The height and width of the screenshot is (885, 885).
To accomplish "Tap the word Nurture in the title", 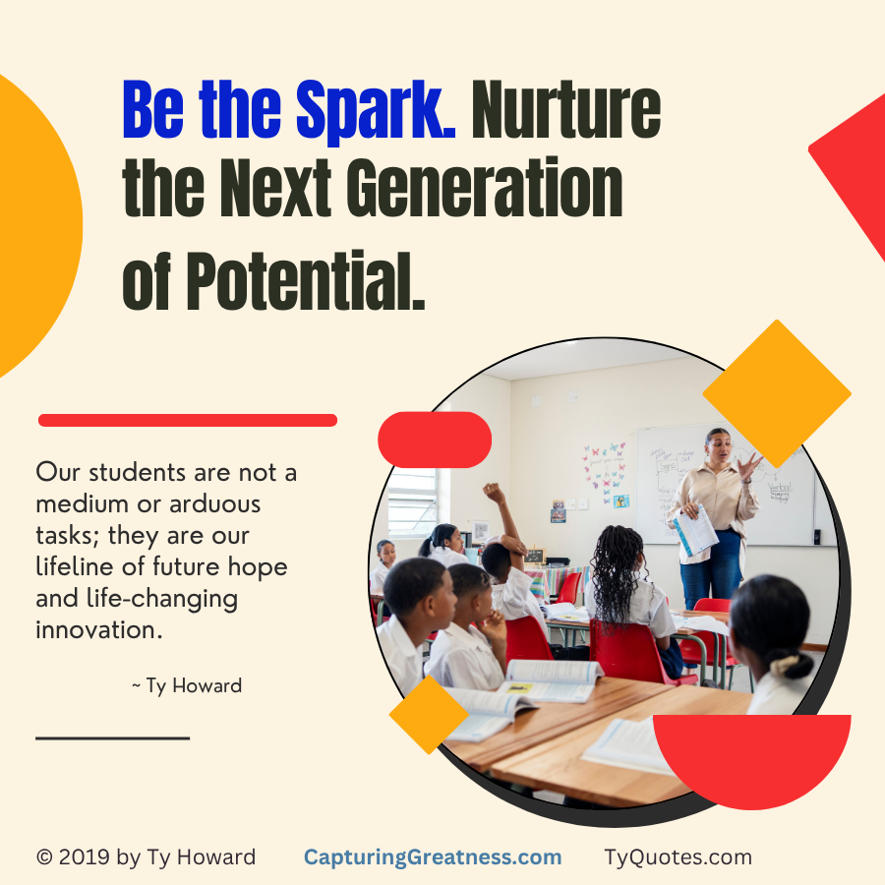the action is [566, 109].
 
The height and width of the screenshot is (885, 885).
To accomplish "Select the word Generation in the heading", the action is [484, 188].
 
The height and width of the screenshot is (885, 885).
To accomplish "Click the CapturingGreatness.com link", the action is [433, 856].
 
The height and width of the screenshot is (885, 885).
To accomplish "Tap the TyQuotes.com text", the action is [678, 856].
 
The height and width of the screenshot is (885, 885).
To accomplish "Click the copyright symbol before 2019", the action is [44, 856].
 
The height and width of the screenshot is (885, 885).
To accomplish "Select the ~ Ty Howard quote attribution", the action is [187, 685].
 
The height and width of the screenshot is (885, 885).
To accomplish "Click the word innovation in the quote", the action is [98, 630].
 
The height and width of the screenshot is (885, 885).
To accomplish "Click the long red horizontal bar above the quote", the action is [188, 420].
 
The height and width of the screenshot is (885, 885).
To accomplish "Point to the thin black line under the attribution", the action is [113, 737].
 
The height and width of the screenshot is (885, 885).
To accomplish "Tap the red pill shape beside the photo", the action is [435, 440].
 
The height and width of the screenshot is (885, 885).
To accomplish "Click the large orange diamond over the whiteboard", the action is [777, 394].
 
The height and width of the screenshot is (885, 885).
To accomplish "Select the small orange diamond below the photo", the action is [429, 715].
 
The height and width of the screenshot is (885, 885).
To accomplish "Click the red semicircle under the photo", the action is [752, 756].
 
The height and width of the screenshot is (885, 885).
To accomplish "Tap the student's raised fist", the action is [494, 492].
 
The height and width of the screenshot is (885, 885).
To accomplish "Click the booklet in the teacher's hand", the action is [696, 531].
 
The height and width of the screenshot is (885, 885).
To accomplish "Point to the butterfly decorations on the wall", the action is [605, 472].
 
